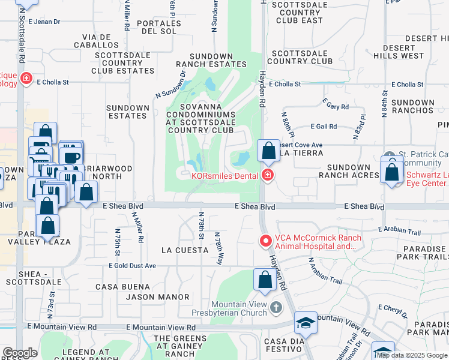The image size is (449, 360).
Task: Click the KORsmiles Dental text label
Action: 225,176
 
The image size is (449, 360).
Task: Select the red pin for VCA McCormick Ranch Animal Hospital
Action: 264,241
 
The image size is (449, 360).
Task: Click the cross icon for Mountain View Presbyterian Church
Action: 276,308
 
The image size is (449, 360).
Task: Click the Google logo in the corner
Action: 20,353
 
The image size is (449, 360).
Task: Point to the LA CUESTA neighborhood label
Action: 183,249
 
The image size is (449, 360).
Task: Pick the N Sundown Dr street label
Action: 172,85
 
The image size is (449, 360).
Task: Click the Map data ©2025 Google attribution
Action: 412,355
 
